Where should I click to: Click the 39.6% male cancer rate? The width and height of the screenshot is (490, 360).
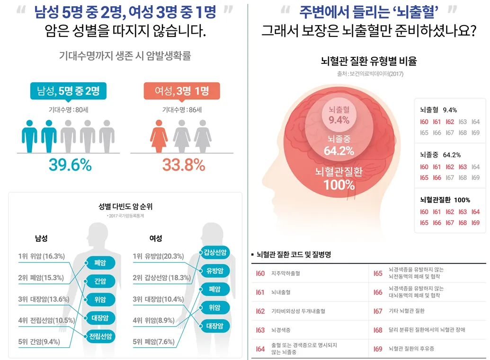70,165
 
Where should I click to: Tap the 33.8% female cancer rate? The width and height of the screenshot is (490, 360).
184,165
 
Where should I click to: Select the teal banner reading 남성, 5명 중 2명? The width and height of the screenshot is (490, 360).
68,91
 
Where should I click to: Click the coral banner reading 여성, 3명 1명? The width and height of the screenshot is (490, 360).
182,91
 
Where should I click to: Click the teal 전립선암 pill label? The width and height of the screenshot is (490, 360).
100,336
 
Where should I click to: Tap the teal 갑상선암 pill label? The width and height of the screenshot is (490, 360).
214,252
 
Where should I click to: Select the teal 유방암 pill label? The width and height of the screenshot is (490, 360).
214,271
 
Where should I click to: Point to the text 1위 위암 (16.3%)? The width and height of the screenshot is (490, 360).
42,256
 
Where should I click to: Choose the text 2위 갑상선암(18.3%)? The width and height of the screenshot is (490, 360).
161,278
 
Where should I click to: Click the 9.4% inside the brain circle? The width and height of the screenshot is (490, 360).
339,120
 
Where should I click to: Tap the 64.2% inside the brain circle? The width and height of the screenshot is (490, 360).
339,151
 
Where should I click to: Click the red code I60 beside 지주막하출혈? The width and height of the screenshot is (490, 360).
260,273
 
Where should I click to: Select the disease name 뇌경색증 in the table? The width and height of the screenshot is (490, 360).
281,330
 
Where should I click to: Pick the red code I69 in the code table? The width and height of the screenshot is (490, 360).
377,349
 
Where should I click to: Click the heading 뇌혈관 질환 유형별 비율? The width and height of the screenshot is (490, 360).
369,61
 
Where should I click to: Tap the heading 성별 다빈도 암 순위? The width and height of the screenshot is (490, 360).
125,207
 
